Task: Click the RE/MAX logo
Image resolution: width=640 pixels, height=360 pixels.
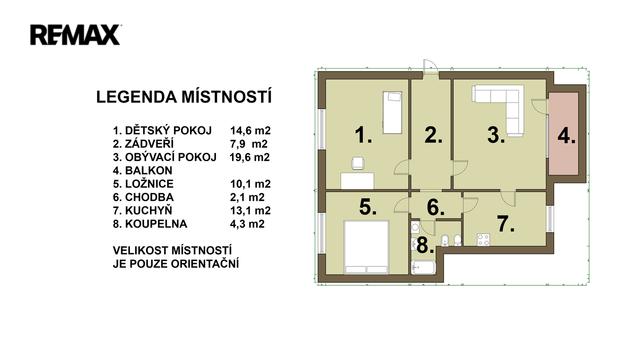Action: [75, 35]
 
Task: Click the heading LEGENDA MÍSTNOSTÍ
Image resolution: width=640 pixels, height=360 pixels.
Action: [184, 97]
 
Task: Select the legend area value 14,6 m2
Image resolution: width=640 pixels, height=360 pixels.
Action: [250, 131]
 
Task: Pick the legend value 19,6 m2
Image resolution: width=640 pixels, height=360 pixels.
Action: [250, 157]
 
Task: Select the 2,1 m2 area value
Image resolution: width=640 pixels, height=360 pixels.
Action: [247, 197]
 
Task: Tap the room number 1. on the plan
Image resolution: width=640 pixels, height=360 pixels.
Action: [363, 135]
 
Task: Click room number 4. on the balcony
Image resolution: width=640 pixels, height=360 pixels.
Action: [567, 136]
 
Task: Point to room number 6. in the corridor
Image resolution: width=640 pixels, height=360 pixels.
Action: [435, 207]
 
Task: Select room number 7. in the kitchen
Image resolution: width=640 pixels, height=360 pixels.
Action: [505, 224]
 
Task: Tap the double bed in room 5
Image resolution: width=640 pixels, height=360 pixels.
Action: [366, 247]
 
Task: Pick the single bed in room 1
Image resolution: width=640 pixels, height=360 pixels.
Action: [392, 113]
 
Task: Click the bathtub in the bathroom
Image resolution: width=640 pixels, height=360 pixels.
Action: [424, 268]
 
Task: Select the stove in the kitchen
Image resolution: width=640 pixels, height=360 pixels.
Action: [484, 239]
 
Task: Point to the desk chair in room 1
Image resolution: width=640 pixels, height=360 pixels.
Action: [358, 163]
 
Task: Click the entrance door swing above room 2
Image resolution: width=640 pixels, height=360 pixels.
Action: [430, 67]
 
